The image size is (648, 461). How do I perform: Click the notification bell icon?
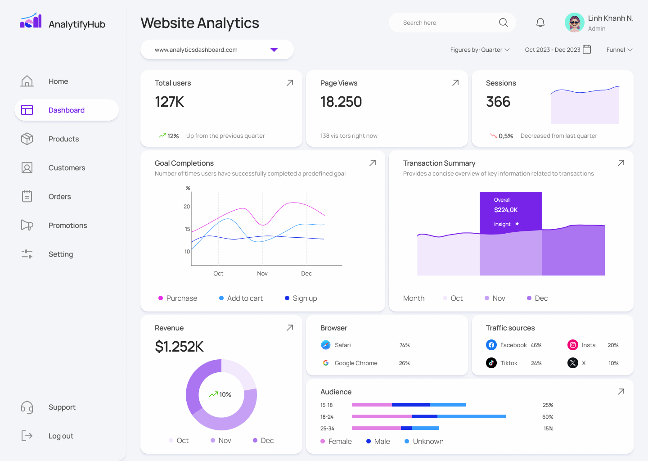point(540,23)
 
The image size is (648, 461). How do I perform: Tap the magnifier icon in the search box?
point(503,23)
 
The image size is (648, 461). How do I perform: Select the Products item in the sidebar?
point(63,139)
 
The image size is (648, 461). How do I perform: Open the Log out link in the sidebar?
point(61,436)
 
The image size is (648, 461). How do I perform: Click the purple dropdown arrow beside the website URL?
point(274,50)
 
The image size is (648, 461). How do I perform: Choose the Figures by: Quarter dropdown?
point(480,50)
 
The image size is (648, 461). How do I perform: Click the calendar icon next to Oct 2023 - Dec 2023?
point(587,50)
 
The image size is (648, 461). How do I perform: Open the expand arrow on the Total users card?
point(290,83)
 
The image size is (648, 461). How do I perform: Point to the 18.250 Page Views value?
point(341,102)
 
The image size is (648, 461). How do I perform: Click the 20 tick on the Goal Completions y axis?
point(187,207)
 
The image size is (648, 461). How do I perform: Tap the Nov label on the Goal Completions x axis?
point(262,273)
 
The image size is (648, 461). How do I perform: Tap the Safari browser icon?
point(326,345)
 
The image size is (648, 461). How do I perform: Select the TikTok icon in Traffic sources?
point(491,363)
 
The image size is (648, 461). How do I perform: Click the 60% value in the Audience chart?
point(548,417)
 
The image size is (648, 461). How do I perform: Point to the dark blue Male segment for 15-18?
point(410,405)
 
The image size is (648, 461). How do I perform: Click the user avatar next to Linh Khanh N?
point(574,23)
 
